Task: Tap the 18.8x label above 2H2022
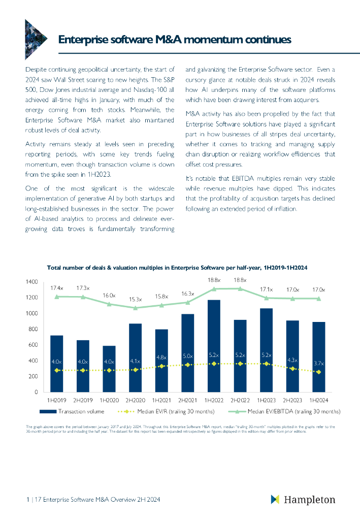[240, 280]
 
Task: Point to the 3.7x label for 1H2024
[319, 363]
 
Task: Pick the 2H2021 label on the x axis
[188, 401]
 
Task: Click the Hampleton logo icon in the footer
[275, 500]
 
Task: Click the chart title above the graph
[178, 267]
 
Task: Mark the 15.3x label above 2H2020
[135, 299]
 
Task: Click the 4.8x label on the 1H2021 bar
[161, 357]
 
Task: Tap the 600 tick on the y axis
[33, 345]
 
